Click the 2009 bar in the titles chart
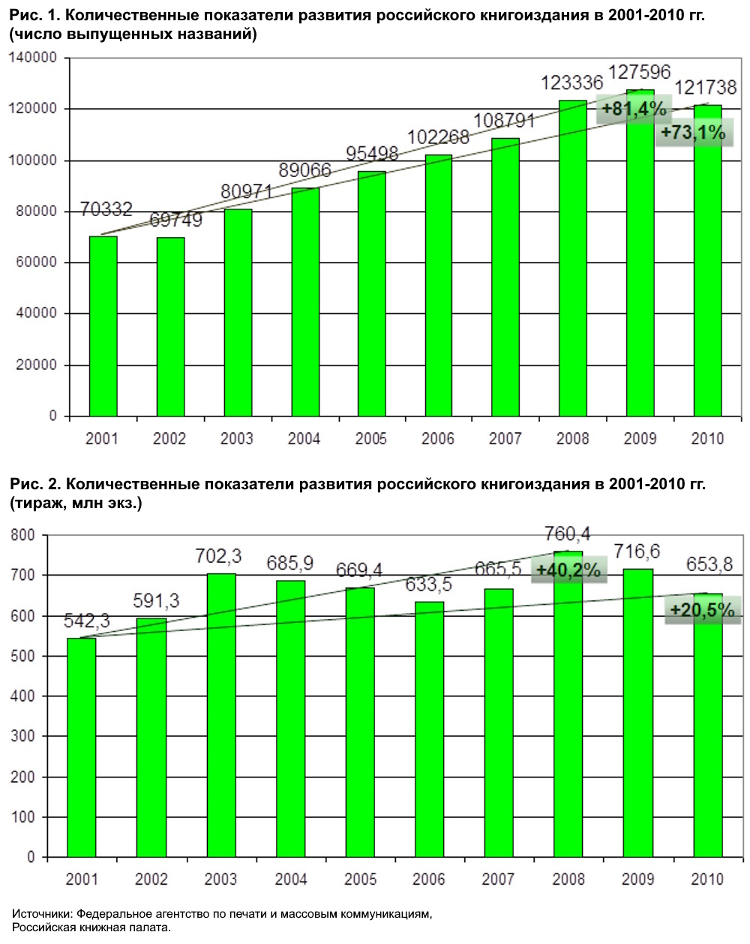coord(640,255)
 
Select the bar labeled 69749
coord(170,326)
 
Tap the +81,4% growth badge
coord(634,110)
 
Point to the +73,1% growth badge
coord(693,133)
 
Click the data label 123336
coord(572,83)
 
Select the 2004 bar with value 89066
coord(305,302)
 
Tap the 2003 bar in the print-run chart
coord(221,715)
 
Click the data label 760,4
coord(568,534)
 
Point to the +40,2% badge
coord(568,570)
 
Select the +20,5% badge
coord(702,610)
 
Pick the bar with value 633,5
coord(429,729)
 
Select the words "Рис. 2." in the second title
coord(35,484)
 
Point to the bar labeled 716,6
coord(637,713)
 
